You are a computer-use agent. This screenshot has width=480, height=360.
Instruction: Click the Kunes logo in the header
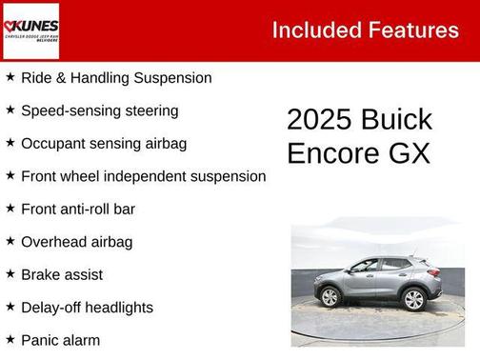click(31, 30)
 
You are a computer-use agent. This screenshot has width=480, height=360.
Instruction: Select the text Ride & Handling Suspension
click(116, 78)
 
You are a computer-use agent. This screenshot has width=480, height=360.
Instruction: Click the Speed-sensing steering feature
click(99, 110)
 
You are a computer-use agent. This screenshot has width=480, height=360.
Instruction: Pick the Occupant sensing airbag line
click(104, 144)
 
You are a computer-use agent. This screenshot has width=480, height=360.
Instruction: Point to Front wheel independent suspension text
click(143, 176)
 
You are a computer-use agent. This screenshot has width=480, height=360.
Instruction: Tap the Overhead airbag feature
click(76, 242)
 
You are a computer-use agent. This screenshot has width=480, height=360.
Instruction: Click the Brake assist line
click(61, 274)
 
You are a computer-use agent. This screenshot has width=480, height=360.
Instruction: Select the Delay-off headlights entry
click(87, 308)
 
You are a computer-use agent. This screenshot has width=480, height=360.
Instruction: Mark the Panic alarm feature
click(60, 340)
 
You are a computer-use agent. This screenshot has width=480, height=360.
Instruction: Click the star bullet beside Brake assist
click(10, 273)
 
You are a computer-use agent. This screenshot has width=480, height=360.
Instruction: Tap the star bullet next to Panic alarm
click(10, 339)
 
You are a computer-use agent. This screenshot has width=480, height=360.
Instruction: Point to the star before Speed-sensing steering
click(10, 110)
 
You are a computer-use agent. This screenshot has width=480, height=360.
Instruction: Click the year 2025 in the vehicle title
click(318, 120)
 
